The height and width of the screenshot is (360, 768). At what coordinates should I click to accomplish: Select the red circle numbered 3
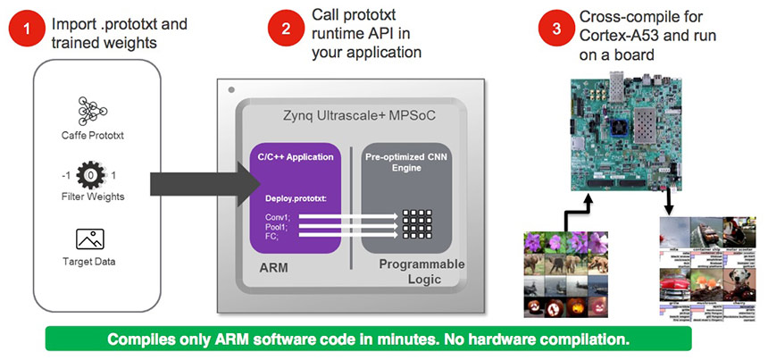[555, 29]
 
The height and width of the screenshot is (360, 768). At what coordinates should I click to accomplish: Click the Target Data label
[88, 262]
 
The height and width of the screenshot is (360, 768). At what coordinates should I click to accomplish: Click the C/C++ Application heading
[296, 156]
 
